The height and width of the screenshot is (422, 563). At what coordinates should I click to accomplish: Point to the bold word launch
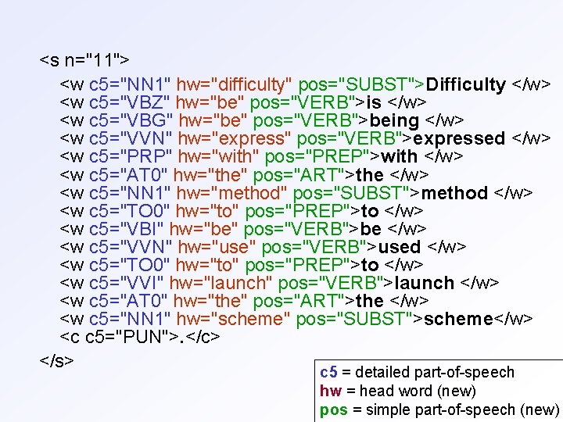coord(425,283)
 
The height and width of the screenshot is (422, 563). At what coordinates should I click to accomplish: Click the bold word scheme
coord(458,319)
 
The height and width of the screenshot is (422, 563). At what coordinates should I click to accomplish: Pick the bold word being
coord(394,120)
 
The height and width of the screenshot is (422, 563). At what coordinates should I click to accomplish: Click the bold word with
coord(398,156)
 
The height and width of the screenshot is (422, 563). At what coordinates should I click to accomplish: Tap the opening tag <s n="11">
coord(85,59)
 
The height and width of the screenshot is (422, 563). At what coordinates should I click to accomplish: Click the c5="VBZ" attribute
coord(124,102)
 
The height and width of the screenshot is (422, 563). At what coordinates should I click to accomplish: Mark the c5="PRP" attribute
coord(124,156)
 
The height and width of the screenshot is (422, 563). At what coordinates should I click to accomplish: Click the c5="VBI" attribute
coord(120,229)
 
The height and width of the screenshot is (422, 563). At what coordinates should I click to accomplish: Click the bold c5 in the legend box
coord(328,373)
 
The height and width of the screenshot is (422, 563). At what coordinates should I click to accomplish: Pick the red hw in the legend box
coord(328,391)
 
